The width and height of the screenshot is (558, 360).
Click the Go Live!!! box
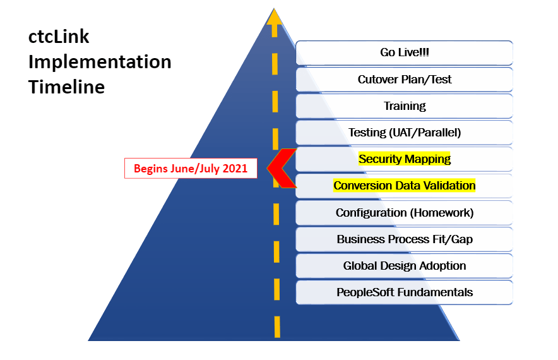(404, 52)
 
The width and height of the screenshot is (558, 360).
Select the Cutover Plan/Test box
(404, 80)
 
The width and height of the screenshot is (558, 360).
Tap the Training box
(404, 106)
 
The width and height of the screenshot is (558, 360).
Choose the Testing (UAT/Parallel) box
(404, 133)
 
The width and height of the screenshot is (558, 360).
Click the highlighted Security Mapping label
(405, 159)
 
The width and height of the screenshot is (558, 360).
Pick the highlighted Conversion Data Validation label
(405, 186)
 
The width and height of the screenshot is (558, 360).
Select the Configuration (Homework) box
(404, 213)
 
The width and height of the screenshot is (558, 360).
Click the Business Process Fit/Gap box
(404, 239)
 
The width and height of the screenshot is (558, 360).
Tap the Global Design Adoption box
(404, 266)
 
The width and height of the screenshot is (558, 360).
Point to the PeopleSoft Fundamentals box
(404, 292)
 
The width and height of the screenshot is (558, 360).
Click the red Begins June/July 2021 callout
(191, 169)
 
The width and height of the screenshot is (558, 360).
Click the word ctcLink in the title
(59, 37)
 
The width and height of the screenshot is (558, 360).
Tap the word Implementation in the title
(100, 62)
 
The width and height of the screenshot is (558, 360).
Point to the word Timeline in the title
(66, 87)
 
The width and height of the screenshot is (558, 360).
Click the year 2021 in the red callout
(235, 169)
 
